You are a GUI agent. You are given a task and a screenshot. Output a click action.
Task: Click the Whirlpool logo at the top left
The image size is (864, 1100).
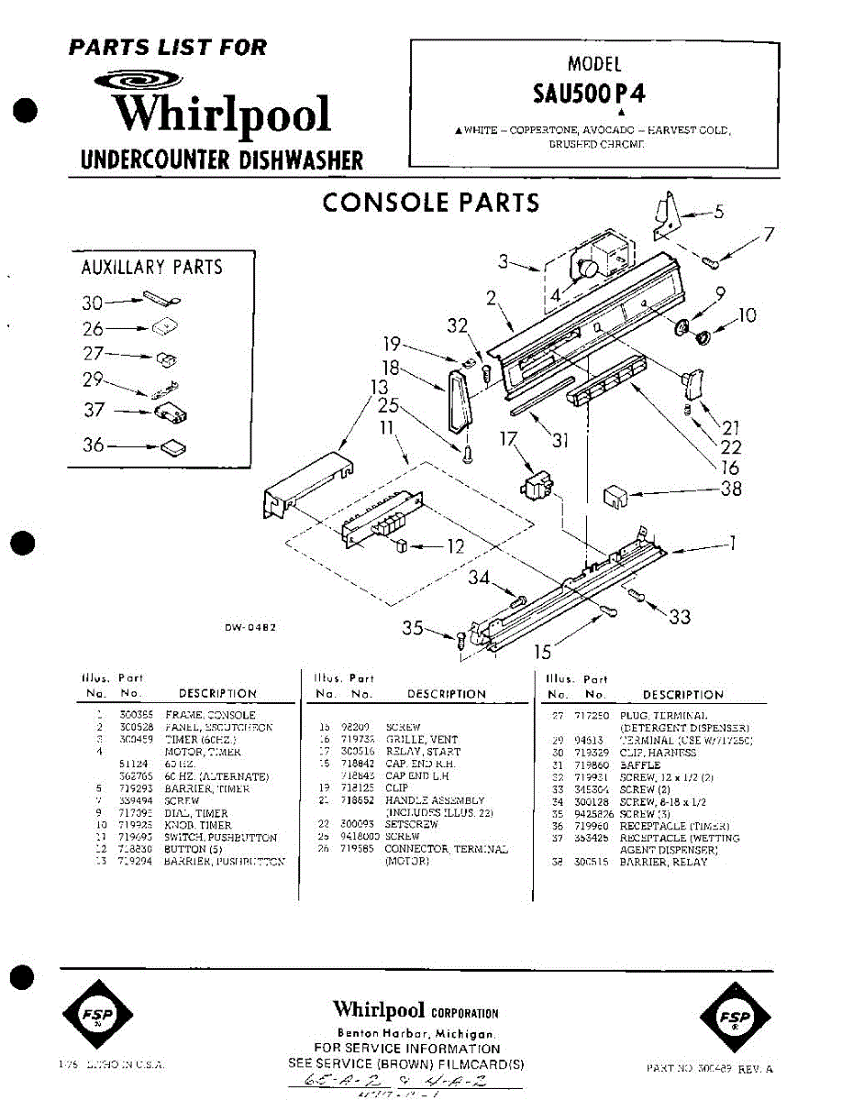(x=220, y=107)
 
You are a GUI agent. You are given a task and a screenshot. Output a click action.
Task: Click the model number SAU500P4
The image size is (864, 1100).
(x=594, y=94)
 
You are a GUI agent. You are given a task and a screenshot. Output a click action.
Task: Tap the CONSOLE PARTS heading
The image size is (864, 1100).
(x=430, y=203)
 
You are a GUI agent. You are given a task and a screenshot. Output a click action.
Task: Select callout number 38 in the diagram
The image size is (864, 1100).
(x=731, y=489)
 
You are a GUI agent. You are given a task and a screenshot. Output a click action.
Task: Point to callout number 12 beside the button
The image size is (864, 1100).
(x=455, y=547)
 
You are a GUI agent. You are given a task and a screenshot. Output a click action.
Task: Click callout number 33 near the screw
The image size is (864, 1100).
(x=680, y=617)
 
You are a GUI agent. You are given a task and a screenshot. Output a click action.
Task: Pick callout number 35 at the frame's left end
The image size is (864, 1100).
(x=413, y=629)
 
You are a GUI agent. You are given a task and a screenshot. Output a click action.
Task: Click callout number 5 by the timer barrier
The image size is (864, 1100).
(x=719, y=213)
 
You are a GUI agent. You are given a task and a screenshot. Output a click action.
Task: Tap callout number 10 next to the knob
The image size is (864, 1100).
(x=748, y=315)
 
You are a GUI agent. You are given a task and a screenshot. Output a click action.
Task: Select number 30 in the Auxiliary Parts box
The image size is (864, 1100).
(x=92, y=302)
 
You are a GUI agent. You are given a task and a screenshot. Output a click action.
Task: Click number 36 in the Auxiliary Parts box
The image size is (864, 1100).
(x=94, y=446)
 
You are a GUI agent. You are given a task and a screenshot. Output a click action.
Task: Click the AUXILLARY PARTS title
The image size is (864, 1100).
(x=152, y=268)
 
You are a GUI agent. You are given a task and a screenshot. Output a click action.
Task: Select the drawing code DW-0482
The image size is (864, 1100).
(x=250, y=628)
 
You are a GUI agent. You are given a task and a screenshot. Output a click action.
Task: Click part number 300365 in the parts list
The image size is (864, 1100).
(x=135, y=714)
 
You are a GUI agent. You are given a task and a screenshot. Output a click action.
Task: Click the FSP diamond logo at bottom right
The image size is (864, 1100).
(x=737, y=1018)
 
